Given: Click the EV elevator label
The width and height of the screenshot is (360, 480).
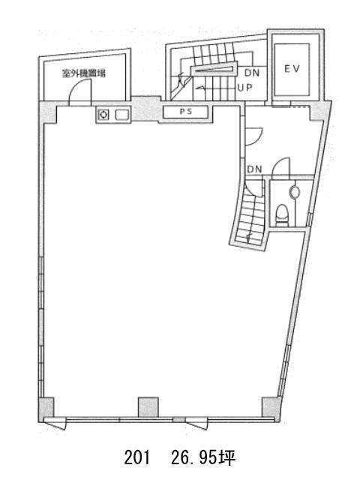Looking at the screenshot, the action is (x=292, y=69).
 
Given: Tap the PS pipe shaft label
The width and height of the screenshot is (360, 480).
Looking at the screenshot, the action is (x=186, y=112).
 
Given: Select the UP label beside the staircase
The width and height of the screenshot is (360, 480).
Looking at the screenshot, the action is (x=245, y=88).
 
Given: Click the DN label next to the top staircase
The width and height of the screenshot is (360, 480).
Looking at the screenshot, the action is (x=252, y=73).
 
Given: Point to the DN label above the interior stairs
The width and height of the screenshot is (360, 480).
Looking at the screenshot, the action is (x=254, y=169).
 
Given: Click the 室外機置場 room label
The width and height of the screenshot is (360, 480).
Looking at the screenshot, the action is (x=84, y=73).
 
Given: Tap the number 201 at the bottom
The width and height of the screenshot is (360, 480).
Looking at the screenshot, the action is (x=137, y=458).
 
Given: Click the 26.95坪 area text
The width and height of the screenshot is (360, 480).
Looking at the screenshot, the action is (x=203, y=458).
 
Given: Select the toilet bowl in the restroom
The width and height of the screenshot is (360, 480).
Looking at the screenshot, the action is (x=282, y=215).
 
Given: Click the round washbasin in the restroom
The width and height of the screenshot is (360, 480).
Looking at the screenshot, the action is (x=295, y=192).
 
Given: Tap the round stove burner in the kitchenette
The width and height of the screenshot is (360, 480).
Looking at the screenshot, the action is (x=104, y=115).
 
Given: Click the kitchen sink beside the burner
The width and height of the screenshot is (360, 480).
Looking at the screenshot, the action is (x=122, y=115).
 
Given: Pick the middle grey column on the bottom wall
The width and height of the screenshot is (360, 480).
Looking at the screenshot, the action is (x=148, y=407).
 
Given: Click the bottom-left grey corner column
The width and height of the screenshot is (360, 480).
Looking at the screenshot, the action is (x=46, y=409).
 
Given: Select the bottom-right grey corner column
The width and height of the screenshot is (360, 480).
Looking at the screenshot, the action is (x=271, y=409).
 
